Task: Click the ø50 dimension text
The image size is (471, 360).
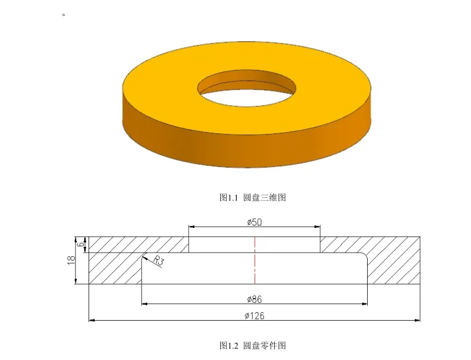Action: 254,222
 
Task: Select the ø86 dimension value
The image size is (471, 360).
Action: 254,299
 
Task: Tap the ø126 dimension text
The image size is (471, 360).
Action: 254,316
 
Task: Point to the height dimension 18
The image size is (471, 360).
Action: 70,260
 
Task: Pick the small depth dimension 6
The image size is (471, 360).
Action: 81,244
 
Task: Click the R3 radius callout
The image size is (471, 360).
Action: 159,261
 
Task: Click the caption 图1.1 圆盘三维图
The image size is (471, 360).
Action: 253,197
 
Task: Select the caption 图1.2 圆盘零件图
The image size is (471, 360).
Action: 253,346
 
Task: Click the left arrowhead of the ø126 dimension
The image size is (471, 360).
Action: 92,320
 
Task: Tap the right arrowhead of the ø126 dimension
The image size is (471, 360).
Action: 418,320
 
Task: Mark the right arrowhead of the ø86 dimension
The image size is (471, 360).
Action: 365,303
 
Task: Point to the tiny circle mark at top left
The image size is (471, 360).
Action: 63,14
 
